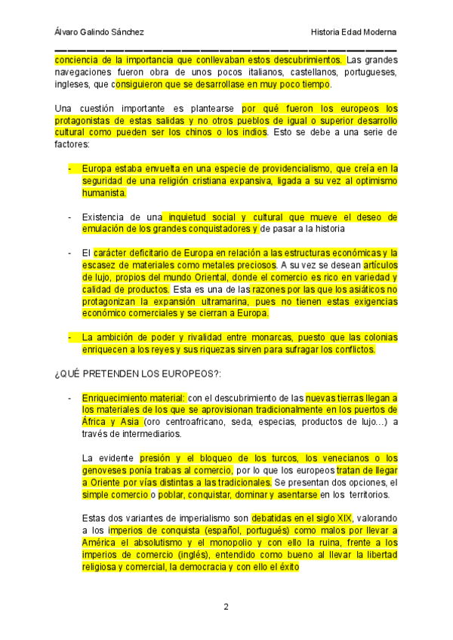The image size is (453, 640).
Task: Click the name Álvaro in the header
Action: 68,32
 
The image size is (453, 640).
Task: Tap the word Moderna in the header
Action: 378,32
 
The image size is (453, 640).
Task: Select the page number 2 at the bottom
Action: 226,607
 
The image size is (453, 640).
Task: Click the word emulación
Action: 103,228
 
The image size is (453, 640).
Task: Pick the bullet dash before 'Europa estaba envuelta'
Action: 69,168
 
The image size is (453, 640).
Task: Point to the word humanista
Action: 104,192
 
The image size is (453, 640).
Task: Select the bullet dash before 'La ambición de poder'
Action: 69,337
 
